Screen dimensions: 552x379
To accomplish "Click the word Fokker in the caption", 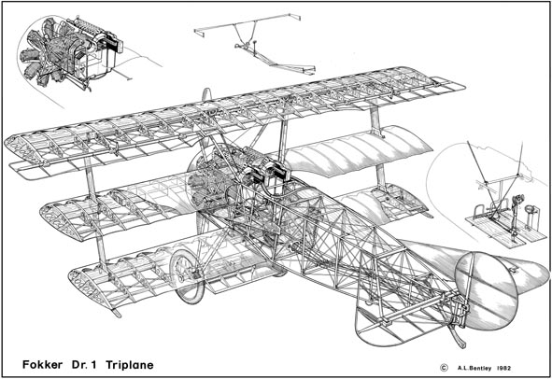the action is coord(42,365).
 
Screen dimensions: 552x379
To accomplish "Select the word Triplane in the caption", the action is coord(130,365).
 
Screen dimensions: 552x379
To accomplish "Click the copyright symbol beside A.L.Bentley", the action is coord(444,368).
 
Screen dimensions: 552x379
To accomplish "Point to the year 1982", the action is coord(503,369).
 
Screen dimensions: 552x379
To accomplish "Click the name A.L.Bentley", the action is coord(474,369).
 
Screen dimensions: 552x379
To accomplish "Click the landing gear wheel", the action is coord(188,276).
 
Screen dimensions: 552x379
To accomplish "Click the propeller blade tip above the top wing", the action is coord(206,94).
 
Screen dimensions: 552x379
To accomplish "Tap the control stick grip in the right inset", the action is coord(517,199).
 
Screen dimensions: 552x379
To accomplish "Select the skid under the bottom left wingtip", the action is coord(115,313).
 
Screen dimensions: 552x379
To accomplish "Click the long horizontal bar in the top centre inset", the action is coord(247,23).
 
